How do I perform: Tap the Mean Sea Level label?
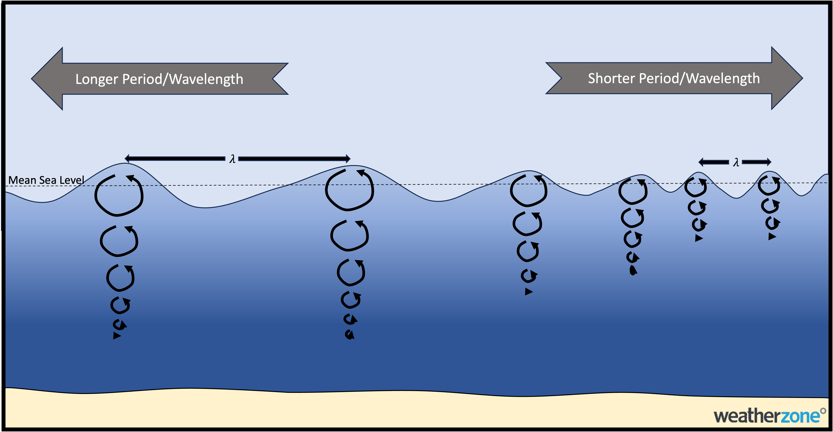click(x=46, y=180)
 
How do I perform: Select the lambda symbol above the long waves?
click(x=232, y=159)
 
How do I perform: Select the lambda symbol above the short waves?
click(x=736, y=162)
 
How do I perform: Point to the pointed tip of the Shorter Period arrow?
click(x=803, y=78)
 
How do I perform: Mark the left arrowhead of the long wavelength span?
click(x=127, y=158)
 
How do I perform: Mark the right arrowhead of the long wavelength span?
click(x=348, y=158)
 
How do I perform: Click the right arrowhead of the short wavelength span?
click(x=769, y=162)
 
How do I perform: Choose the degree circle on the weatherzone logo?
click(x=823, y=411)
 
